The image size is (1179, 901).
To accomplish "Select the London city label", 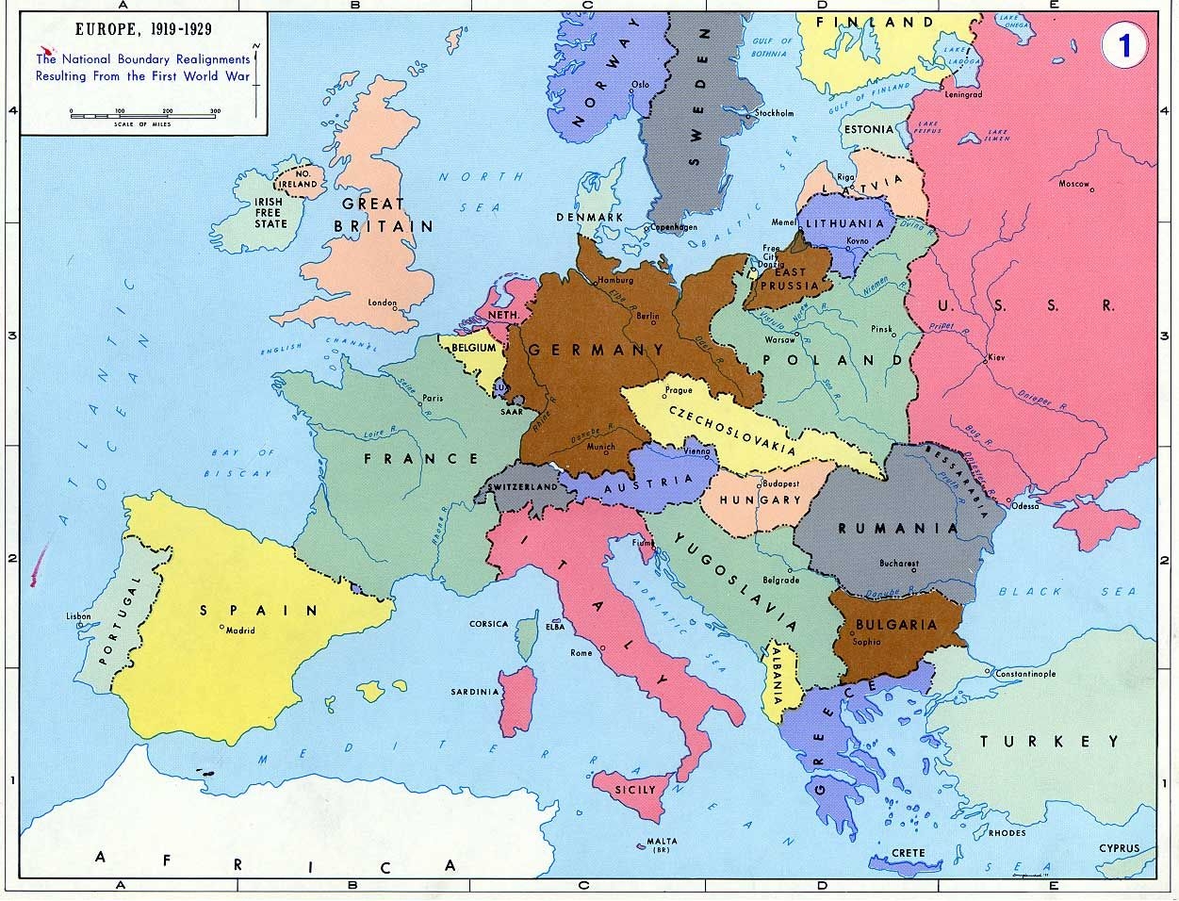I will coord(382,303).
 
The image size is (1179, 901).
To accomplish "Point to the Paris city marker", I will coord(419,404).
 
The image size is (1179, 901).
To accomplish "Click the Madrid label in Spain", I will coord(239,631).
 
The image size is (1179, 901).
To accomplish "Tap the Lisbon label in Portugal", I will coord(78,616).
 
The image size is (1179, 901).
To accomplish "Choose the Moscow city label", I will coord(1073,184).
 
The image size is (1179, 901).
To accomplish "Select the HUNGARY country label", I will coord(759,500).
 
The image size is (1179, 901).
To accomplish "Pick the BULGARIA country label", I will coord(895,624).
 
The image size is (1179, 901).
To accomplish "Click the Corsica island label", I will coord(488,624).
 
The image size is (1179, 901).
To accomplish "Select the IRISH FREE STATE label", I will coord(270,213).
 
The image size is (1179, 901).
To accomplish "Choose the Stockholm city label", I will coord(774,113).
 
